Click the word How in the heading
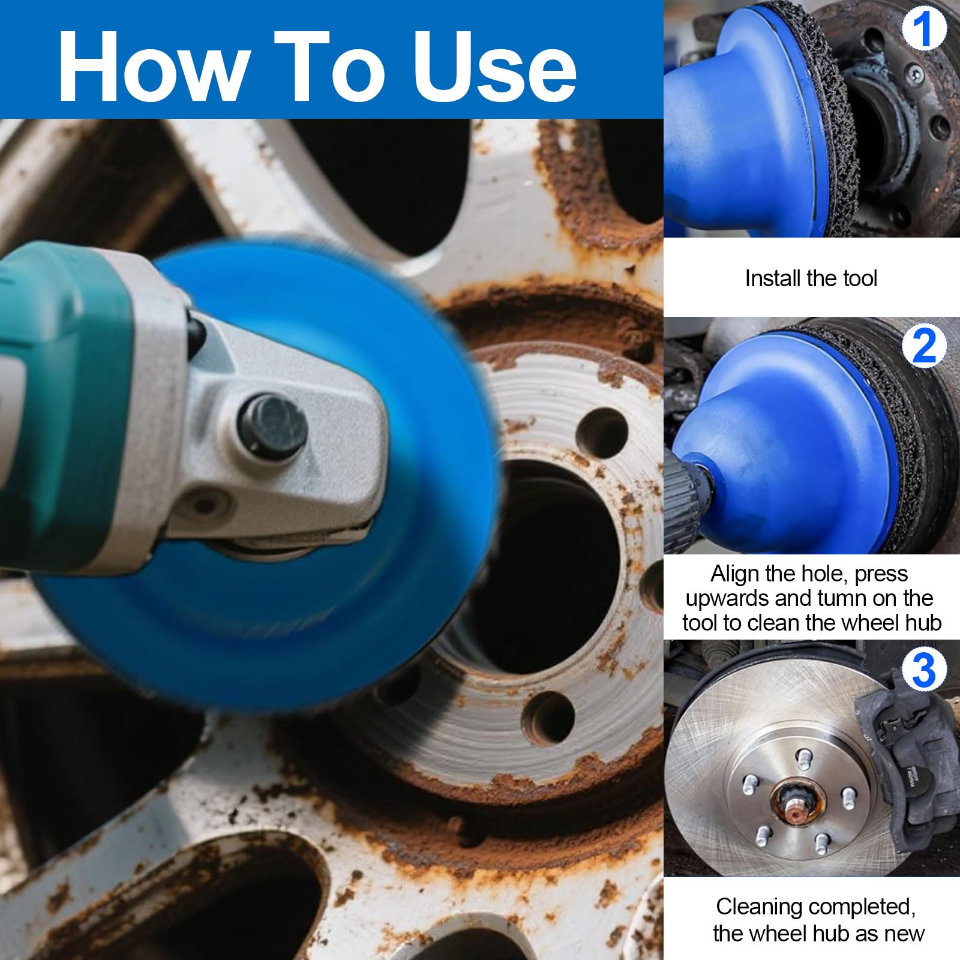(x=155, y=66)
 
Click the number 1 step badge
(x=924, y=29)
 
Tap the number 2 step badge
(x=924, y=347)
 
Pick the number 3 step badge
(x=924, y=670)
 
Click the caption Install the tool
(x=811, y=278)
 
